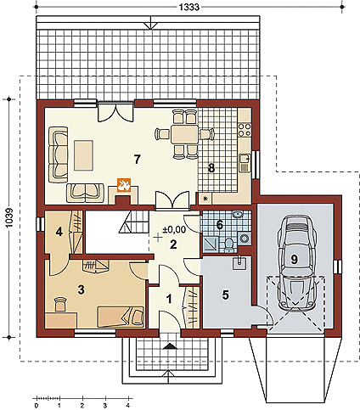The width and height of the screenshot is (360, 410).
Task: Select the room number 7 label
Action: (x=137, y=160)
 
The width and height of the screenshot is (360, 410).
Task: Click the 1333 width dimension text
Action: (x=189, y=7)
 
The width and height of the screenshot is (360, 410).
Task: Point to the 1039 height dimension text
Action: (x=9, y=218)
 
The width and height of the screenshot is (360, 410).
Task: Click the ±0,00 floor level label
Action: (x=174, y=229)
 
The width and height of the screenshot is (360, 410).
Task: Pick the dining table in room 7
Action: (x=184, y=134)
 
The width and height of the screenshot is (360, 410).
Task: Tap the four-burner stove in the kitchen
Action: (x=245, y=129)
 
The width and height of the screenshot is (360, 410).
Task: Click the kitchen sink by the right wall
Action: (x=245, y=163)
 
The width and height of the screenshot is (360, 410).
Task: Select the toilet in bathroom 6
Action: (x=228, y=244)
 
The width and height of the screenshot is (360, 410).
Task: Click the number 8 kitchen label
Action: (x=211, y=168)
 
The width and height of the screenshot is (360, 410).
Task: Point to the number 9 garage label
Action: (x=295, y=259)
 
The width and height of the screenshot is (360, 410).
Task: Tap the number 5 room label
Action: (x=225, y=295)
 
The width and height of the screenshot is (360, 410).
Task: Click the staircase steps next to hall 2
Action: (x=134, y=222)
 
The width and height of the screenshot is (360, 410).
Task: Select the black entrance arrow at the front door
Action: (x=170, y=345)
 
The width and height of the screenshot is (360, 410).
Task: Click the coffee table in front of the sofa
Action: (x=84, y=155)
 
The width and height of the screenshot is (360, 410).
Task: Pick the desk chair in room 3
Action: (x=60, y=304)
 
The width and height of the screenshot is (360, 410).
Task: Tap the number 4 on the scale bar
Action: (x=128, y=406)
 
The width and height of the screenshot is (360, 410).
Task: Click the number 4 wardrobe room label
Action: (x=59, y=232)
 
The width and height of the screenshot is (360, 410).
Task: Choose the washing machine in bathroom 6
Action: (x=244, y=238)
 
